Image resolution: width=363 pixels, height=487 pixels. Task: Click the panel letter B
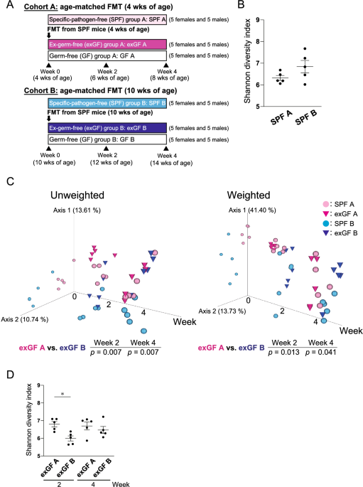[242, 7]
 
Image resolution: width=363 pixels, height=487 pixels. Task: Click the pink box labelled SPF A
[107, 21]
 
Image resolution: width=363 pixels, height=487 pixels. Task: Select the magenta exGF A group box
[107, 44]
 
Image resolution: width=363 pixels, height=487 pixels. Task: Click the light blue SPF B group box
[107, 104]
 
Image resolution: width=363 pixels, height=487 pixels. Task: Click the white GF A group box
[107, 55]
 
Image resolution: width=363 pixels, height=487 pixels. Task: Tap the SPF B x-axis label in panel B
[320, 118]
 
